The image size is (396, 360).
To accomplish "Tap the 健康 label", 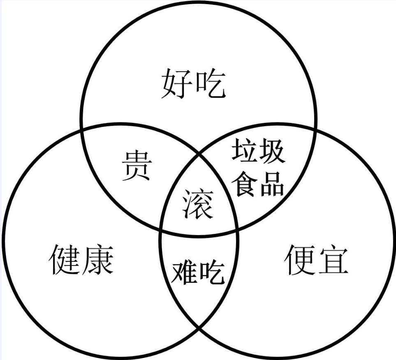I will pyautogui.click(x=81, y=260).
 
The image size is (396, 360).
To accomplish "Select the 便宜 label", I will pyautogui.click(x=316, y=260).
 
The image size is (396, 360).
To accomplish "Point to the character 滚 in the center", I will pyautogui.click(x=198, y=204).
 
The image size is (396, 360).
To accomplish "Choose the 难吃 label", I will pyautogui.click(x=198, y=272).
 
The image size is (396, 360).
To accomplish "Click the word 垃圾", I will pyautogui.click(x=258, y=151).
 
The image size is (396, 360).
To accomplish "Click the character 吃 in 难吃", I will pyautogui.click(x=211, y=272).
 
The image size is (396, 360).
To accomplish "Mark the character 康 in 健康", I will pyautogui.click(x=98, y=260).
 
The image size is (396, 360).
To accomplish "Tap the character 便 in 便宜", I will pyautogui.click(x=300, y=260).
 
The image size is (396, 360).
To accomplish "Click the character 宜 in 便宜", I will pyautogui.click(x=333, y=260).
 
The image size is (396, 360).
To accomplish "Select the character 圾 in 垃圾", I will pyautogui.click(x=271, y=151).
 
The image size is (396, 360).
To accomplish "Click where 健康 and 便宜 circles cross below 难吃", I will pyautogui.click(x=199, y=328).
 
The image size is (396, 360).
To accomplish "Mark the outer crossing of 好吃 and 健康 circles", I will pyautogui.click(x=81, y=130).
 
